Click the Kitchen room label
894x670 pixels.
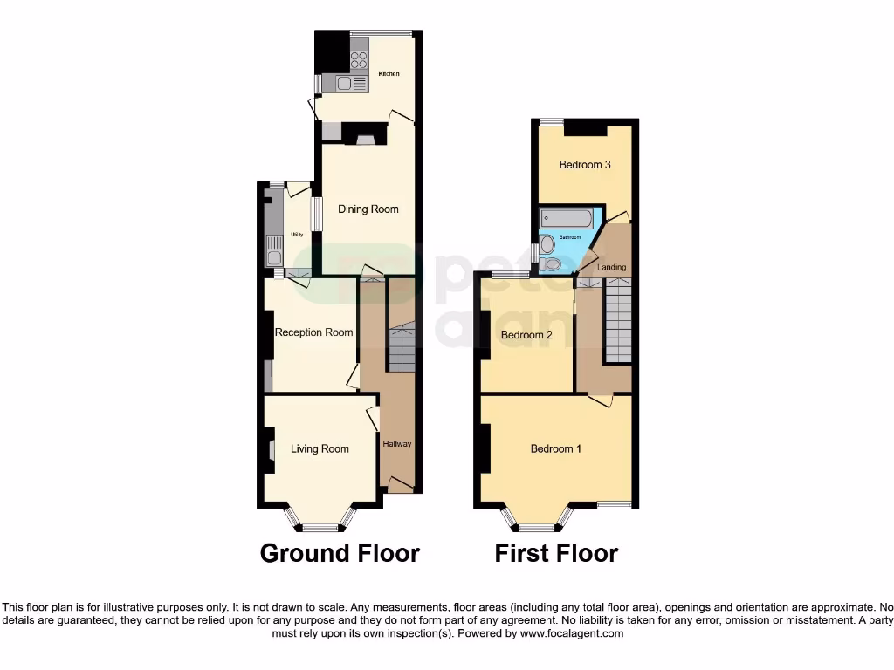tap(389, 74)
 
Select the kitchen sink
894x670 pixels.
tap(346, 84)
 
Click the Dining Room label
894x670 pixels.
tap(368, 209)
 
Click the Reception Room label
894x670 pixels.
tap(314, 332)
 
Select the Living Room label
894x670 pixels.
tap(320, 449)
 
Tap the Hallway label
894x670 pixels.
tap(397, 444)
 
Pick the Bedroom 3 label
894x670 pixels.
tap(585, 165)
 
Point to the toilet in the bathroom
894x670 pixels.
tap(551, 263)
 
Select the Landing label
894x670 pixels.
tap(611, 267)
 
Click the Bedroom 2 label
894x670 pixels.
tap(526, 335)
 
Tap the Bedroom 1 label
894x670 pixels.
tap(556, 449)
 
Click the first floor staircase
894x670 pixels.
tap(618, 318)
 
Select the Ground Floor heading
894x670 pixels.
tap(340, 553)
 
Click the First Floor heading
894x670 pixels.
tap(556, 553)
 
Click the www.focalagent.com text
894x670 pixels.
tap(572, 634)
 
